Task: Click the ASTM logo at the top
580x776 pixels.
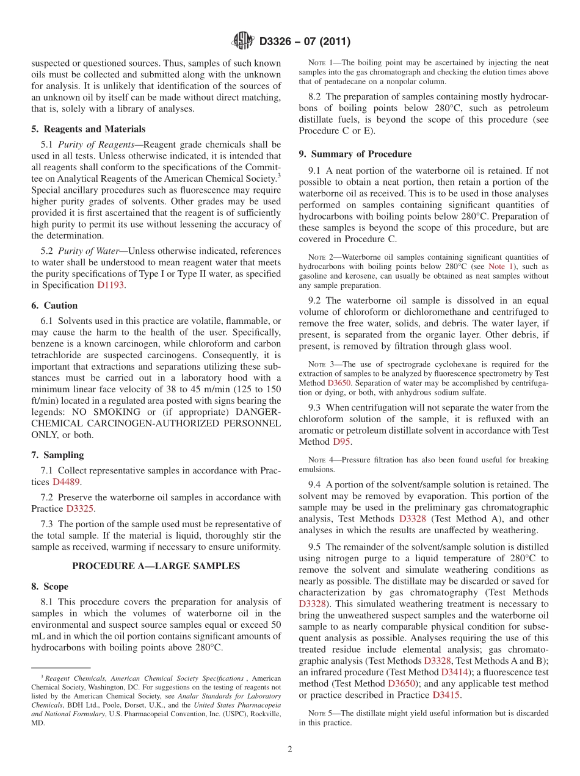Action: (x=243, y=41)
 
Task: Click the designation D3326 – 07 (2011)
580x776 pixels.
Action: (x=305, y=42)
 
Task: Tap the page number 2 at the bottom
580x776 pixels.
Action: (x=290, y=750)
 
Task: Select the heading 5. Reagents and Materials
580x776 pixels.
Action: (x=89, y=129)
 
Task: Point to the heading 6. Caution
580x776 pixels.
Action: (x=54, y=306)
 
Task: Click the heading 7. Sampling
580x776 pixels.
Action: (x=57, y=455)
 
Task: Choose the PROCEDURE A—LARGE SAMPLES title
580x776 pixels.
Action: (x=156, y=566)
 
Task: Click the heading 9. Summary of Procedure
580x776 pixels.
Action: (x=355, y=154)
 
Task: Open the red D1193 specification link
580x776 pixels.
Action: (x=111, y=286)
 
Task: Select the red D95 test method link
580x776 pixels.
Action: (x=341, y=442)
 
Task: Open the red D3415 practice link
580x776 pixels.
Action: (x=445, y=695)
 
